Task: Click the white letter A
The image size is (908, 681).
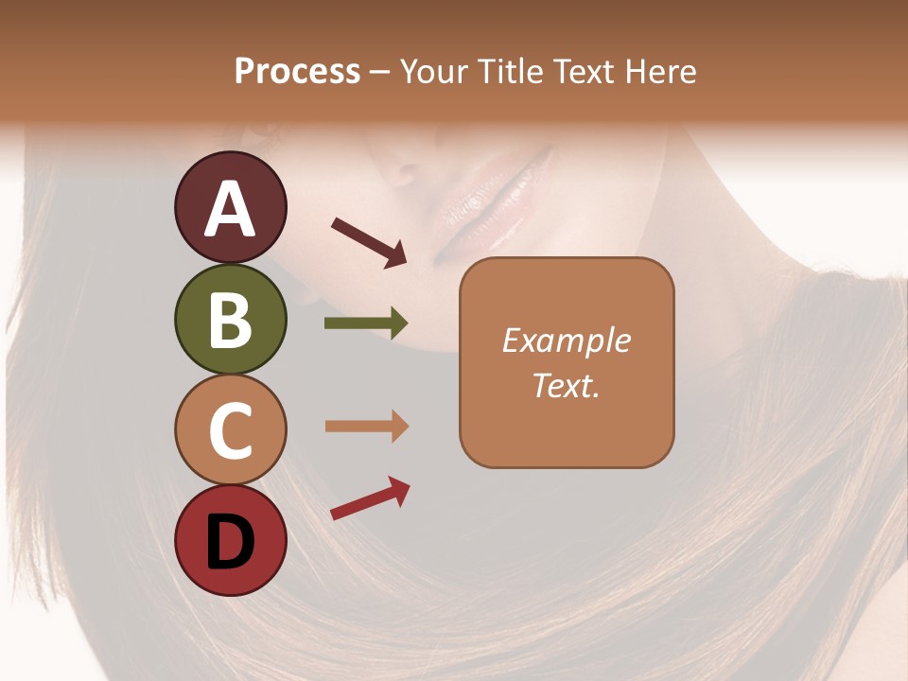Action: (231, 209)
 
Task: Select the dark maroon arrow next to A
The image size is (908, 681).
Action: (369, 241)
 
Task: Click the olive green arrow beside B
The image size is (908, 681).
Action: (366, 323)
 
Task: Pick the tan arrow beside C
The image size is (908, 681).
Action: (366, 427)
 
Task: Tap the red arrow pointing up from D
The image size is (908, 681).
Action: (370, 499)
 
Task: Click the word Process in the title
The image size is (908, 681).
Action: (297, 71)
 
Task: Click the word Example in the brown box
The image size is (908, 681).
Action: (567, 340)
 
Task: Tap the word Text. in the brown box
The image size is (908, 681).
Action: (567, 385)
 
